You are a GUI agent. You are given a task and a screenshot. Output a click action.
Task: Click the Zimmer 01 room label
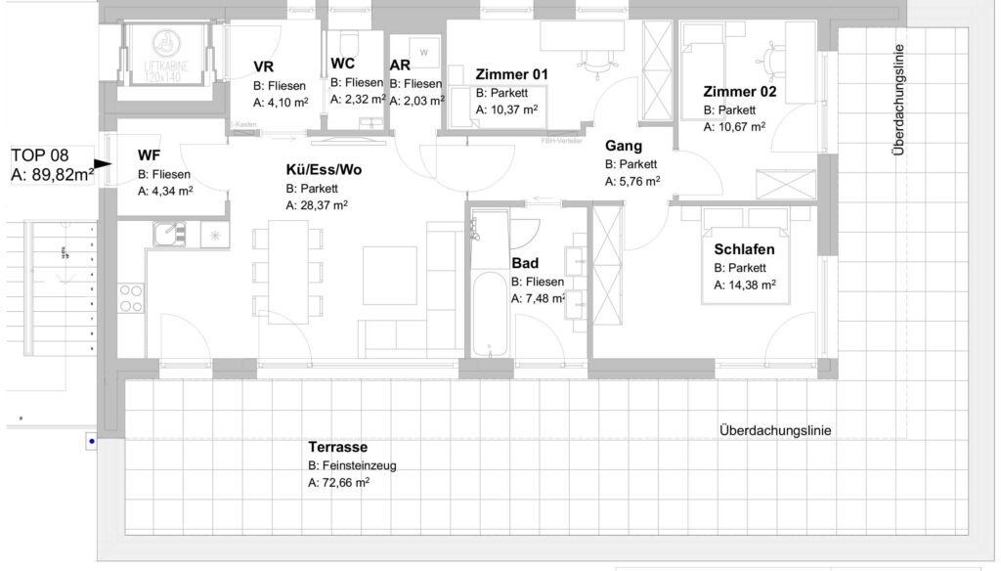click(511, 74)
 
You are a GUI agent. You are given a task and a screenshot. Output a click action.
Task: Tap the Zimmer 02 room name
click(739, 92)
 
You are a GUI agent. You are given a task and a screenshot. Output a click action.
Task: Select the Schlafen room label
click(744, 249)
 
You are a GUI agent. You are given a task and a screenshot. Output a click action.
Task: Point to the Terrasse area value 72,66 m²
click(338, 483)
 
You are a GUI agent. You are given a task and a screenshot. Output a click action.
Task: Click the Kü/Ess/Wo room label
click(324, 170)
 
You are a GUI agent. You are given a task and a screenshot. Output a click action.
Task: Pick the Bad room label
click(525, 264)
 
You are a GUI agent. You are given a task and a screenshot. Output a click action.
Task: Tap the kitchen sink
click(169, 235)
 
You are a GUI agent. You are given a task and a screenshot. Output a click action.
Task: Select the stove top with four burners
click(131, 297)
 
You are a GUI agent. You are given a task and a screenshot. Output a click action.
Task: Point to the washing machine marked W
click(423, 52)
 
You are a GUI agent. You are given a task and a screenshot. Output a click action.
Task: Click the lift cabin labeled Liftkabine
click(165, 59)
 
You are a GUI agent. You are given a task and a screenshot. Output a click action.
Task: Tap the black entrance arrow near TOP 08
click(102, 165)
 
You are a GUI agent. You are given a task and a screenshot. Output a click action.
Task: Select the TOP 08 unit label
click(51, 165)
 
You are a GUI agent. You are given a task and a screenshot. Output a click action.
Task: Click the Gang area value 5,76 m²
click(631, 181)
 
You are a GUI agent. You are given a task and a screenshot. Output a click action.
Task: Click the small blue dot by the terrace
click(91, 442)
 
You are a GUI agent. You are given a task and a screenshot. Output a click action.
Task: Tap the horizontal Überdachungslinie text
click(774, 430)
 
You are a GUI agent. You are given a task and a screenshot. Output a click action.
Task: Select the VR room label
click(263, 67)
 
